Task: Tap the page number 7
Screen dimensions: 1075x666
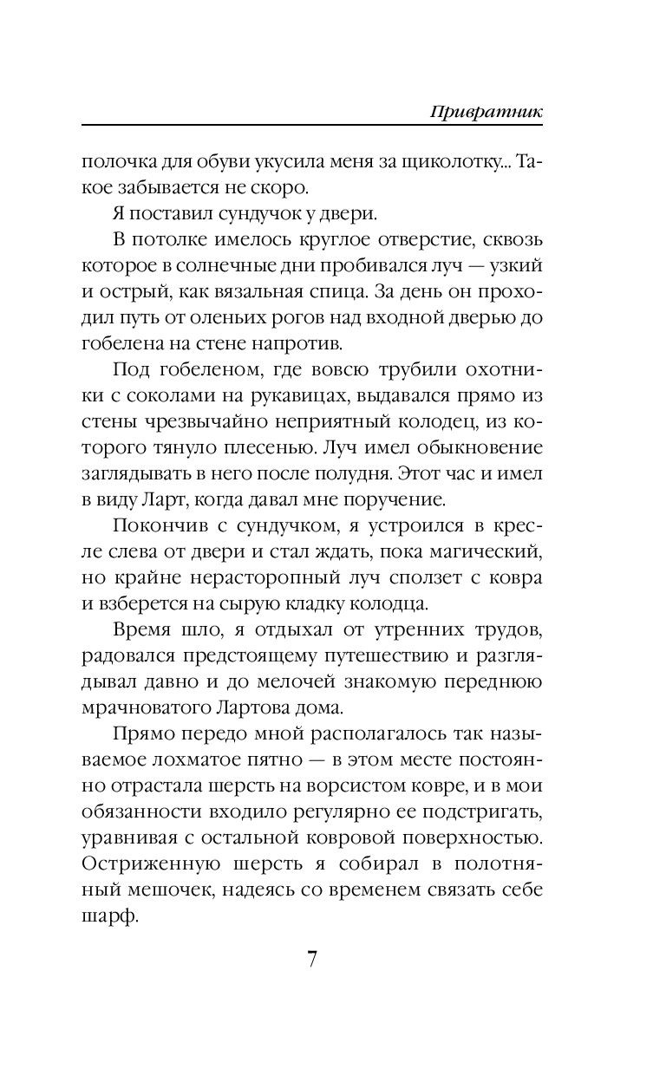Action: pyautogui.click(x=314, y=960)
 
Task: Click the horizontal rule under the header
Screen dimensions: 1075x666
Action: pyautogui.click(x=317, y=127)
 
